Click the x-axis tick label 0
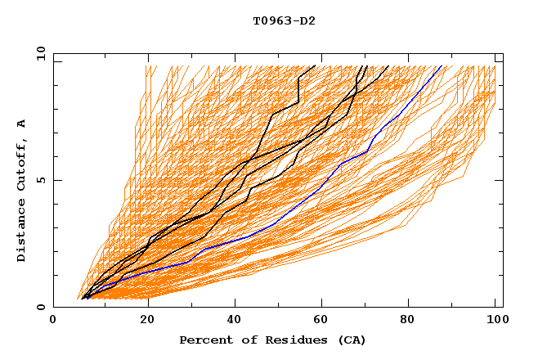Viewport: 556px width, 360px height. [53, 321]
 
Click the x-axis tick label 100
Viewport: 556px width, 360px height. [495, 321]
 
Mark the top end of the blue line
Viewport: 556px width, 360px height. [442, 65]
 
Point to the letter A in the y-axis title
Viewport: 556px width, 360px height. [22, 123]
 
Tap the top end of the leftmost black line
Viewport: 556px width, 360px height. [315, 65]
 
